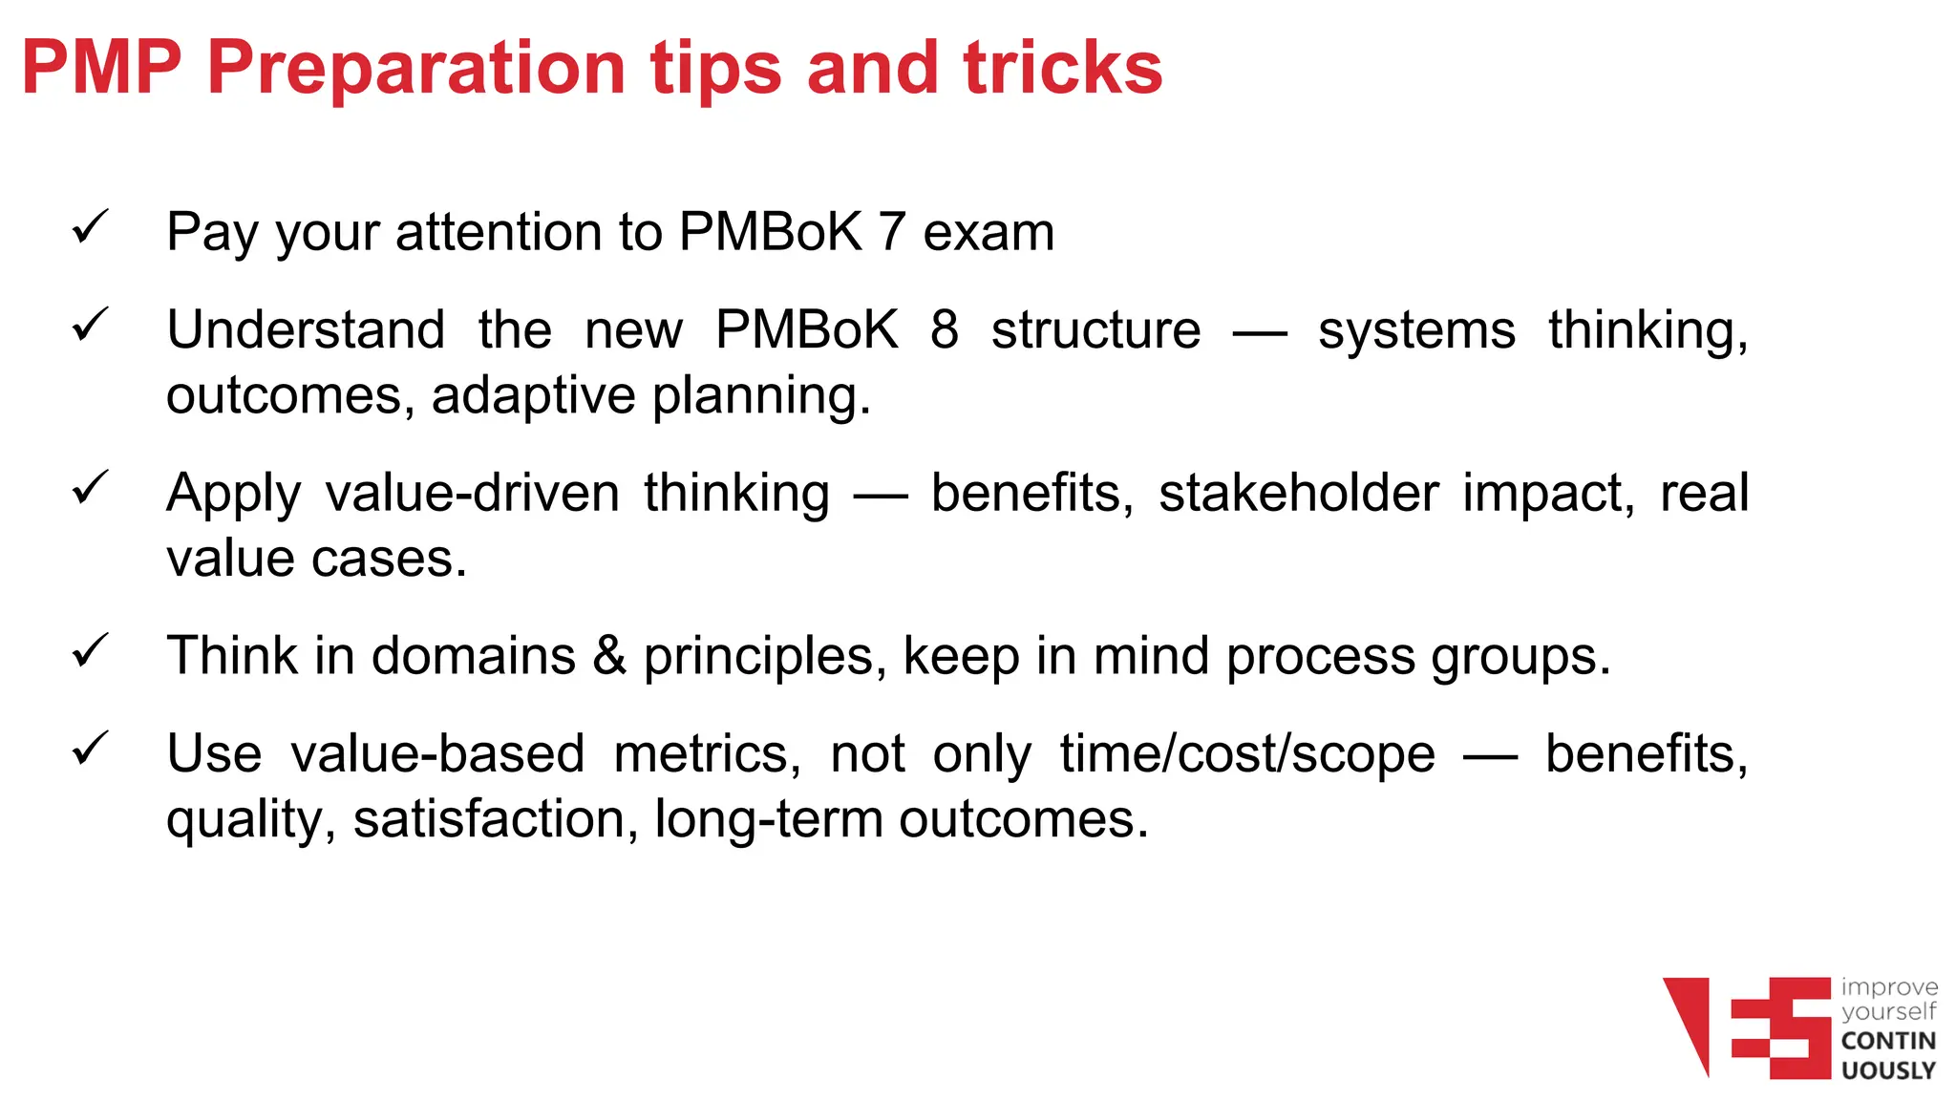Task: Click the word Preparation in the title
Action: [415, 69]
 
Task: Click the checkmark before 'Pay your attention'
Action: [91, 228]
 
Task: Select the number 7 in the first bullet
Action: [891, 232]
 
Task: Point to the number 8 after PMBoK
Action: [944, 330]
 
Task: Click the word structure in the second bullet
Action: [1095, 330]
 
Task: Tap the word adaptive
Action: [533, 396]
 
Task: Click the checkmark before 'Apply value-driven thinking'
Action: [91, 488]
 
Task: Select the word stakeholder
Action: [1298, 494]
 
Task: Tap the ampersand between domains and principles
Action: [609, 657]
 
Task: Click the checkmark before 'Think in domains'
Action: [91, 651]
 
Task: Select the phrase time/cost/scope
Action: [1247, 754]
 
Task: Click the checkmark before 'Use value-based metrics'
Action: [91, 749]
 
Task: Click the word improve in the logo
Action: [1889, 987]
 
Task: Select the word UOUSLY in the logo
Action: [1888, 1070]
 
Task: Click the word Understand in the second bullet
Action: [306, 330]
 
